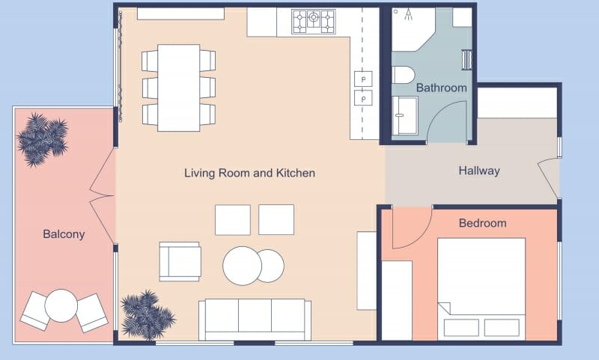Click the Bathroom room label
tap(441, 88)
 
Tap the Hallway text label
tap(478, 171)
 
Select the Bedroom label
tap(482, 223)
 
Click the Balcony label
tap(64, 234)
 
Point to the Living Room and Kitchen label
tap(249, 173)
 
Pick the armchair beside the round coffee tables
tap(180, 261)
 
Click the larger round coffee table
tap(242, 265)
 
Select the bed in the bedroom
tap(481, 287)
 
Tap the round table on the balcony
tap(62, 306)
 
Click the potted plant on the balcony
tap(43, 138)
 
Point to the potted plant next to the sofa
tap(147, 314)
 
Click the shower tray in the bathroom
tap(406, 116)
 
